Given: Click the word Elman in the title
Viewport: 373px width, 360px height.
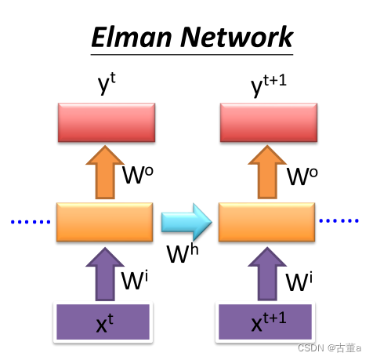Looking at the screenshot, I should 129,36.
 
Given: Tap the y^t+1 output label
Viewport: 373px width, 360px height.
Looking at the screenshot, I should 269,88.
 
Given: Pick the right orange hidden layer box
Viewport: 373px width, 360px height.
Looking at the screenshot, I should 269,223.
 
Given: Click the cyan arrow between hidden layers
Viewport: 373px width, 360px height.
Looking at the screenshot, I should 187,223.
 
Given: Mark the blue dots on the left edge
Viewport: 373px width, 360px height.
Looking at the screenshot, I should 29,222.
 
